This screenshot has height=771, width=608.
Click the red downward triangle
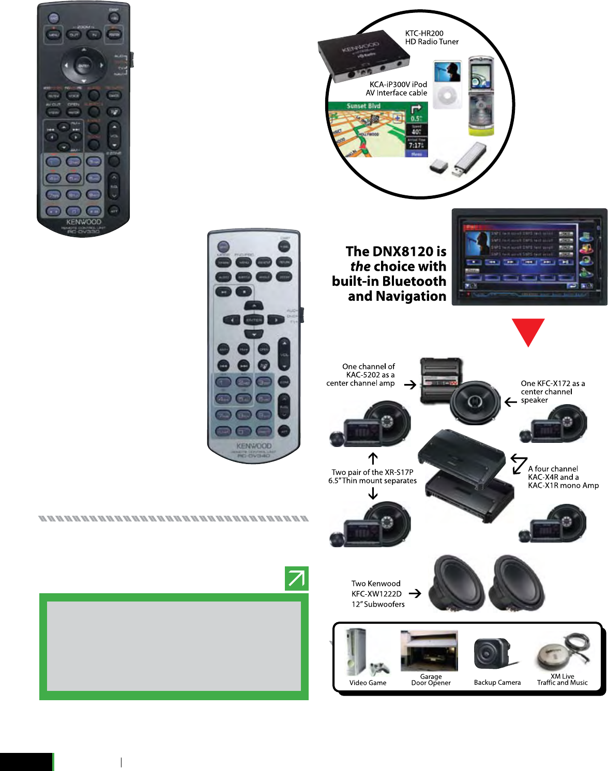click(528, 331)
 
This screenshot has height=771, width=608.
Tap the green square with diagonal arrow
click(296, 578)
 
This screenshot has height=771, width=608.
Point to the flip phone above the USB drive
click(481, 96)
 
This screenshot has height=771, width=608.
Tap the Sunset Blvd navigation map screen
click(377, 130)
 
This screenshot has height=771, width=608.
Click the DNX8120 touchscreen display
click(528, 257)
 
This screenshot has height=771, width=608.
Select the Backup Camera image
click(491, 654)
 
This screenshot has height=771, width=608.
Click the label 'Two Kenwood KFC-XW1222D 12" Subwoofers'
click(377, 594)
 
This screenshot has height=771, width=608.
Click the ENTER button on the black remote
click(83, 66)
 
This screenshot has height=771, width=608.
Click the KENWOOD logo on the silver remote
click(254, 445)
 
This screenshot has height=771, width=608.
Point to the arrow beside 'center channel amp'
click(410, 384)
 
